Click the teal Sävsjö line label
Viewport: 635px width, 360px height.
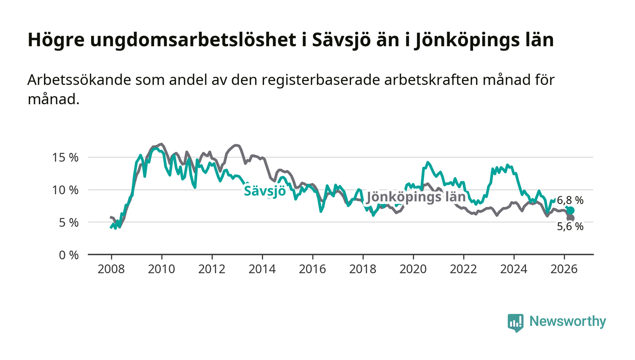click(265, 191)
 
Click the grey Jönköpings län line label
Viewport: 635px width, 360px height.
click(416, 197)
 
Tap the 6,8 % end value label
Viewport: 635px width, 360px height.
click(570, 200)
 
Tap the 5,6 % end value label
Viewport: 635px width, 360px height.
click(570, 227)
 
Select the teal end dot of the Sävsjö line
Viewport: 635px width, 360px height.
click(571, 210)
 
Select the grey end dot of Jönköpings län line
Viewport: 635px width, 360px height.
click(571, 218)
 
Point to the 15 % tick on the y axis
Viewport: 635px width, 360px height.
click(65, 157)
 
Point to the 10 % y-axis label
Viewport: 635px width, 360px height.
click(65, 190)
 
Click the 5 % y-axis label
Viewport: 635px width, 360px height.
click(68, 223)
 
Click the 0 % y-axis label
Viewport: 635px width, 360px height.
click(68, 255)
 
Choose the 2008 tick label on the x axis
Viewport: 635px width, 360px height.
click(111, 269)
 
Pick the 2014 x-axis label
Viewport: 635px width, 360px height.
click(262, 269)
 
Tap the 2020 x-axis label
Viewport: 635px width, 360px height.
click(413, 269)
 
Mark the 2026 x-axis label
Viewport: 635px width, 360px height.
click(564, 269)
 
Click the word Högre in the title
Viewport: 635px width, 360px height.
click(56, 40)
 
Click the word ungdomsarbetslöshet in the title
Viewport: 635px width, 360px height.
click(193, 40)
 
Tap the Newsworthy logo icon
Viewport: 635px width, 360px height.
click(515, 323)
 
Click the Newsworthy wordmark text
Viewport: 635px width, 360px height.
click(568, 321)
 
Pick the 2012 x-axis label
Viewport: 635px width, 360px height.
click(212, 269)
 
